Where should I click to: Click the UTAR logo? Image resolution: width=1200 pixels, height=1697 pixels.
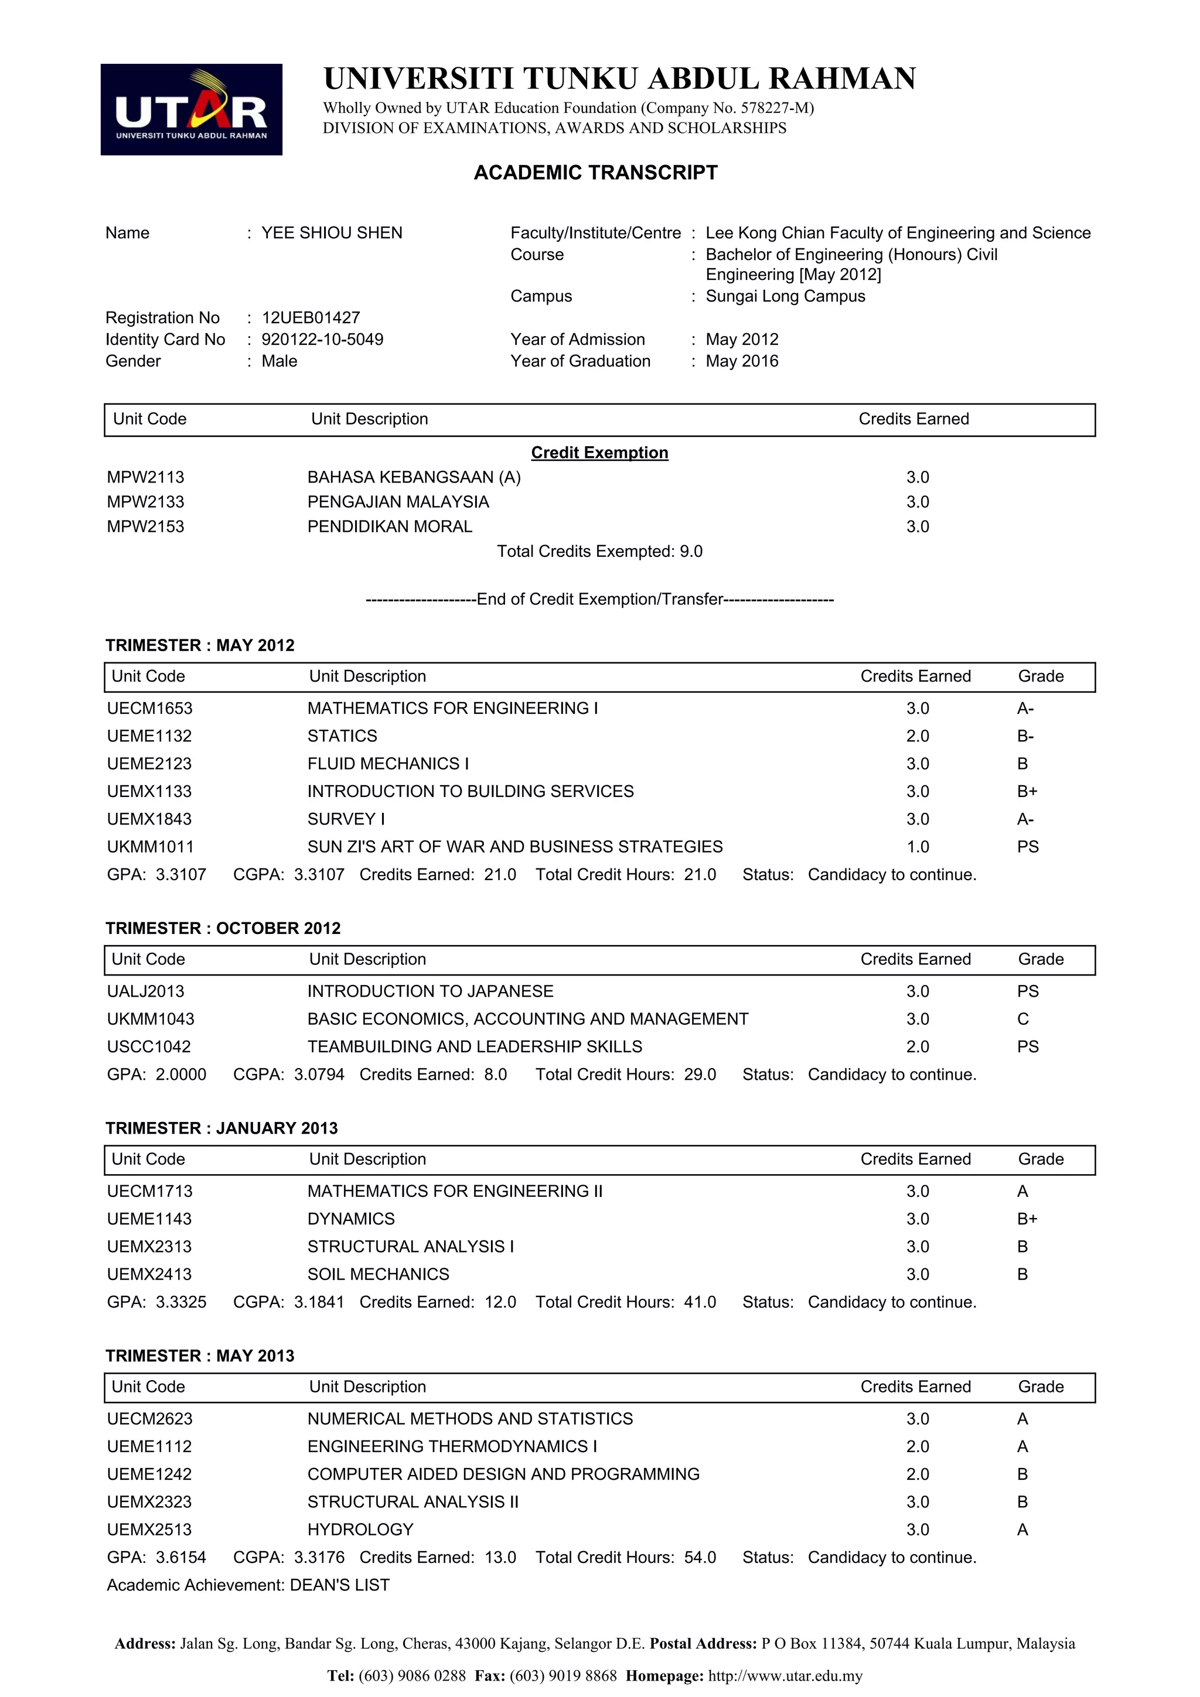pos(191,110)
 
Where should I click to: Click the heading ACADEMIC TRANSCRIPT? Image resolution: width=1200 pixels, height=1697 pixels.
pos(595,172)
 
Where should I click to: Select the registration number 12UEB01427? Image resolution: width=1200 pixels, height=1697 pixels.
pos(311,318)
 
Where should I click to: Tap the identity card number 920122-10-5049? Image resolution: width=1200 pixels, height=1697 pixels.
pos(322,339)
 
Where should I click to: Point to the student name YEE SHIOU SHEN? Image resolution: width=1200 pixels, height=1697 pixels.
pos(332,233)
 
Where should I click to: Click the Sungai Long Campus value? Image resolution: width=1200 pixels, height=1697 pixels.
pos(785,296)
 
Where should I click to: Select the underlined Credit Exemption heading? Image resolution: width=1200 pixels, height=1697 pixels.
pos(599,452)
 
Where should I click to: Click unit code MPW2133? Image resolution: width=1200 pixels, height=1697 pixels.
pos(146,502)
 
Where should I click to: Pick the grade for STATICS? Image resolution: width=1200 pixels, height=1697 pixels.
pos(1025,736)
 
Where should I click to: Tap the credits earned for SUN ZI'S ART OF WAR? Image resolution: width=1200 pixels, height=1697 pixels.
pos(918,847)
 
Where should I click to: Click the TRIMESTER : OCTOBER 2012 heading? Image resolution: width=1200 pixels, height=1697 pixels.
pos(223,928)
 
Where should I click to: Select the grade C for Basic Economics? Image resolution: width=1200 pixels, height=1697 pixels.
pos(1022,1019)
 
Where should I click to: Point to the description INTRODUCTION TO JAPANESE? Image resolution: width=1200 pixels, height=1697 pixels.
pos(430,991)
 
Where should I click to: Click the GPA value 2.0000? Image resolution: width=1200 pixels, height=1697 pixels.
pos(181,1075)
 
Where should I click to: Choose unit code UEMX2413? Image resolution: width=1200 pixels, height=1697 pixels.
pos(149,1274)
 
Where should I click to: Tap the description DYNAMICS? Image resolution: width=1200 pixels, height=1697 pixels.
pos(351,1219)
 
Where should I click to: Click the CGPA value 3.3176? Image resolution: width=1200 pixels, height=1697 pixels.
pos(319,1557)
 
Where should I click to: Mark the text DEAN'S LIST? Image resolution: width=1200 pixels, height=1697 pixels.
pos(339,1585)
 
